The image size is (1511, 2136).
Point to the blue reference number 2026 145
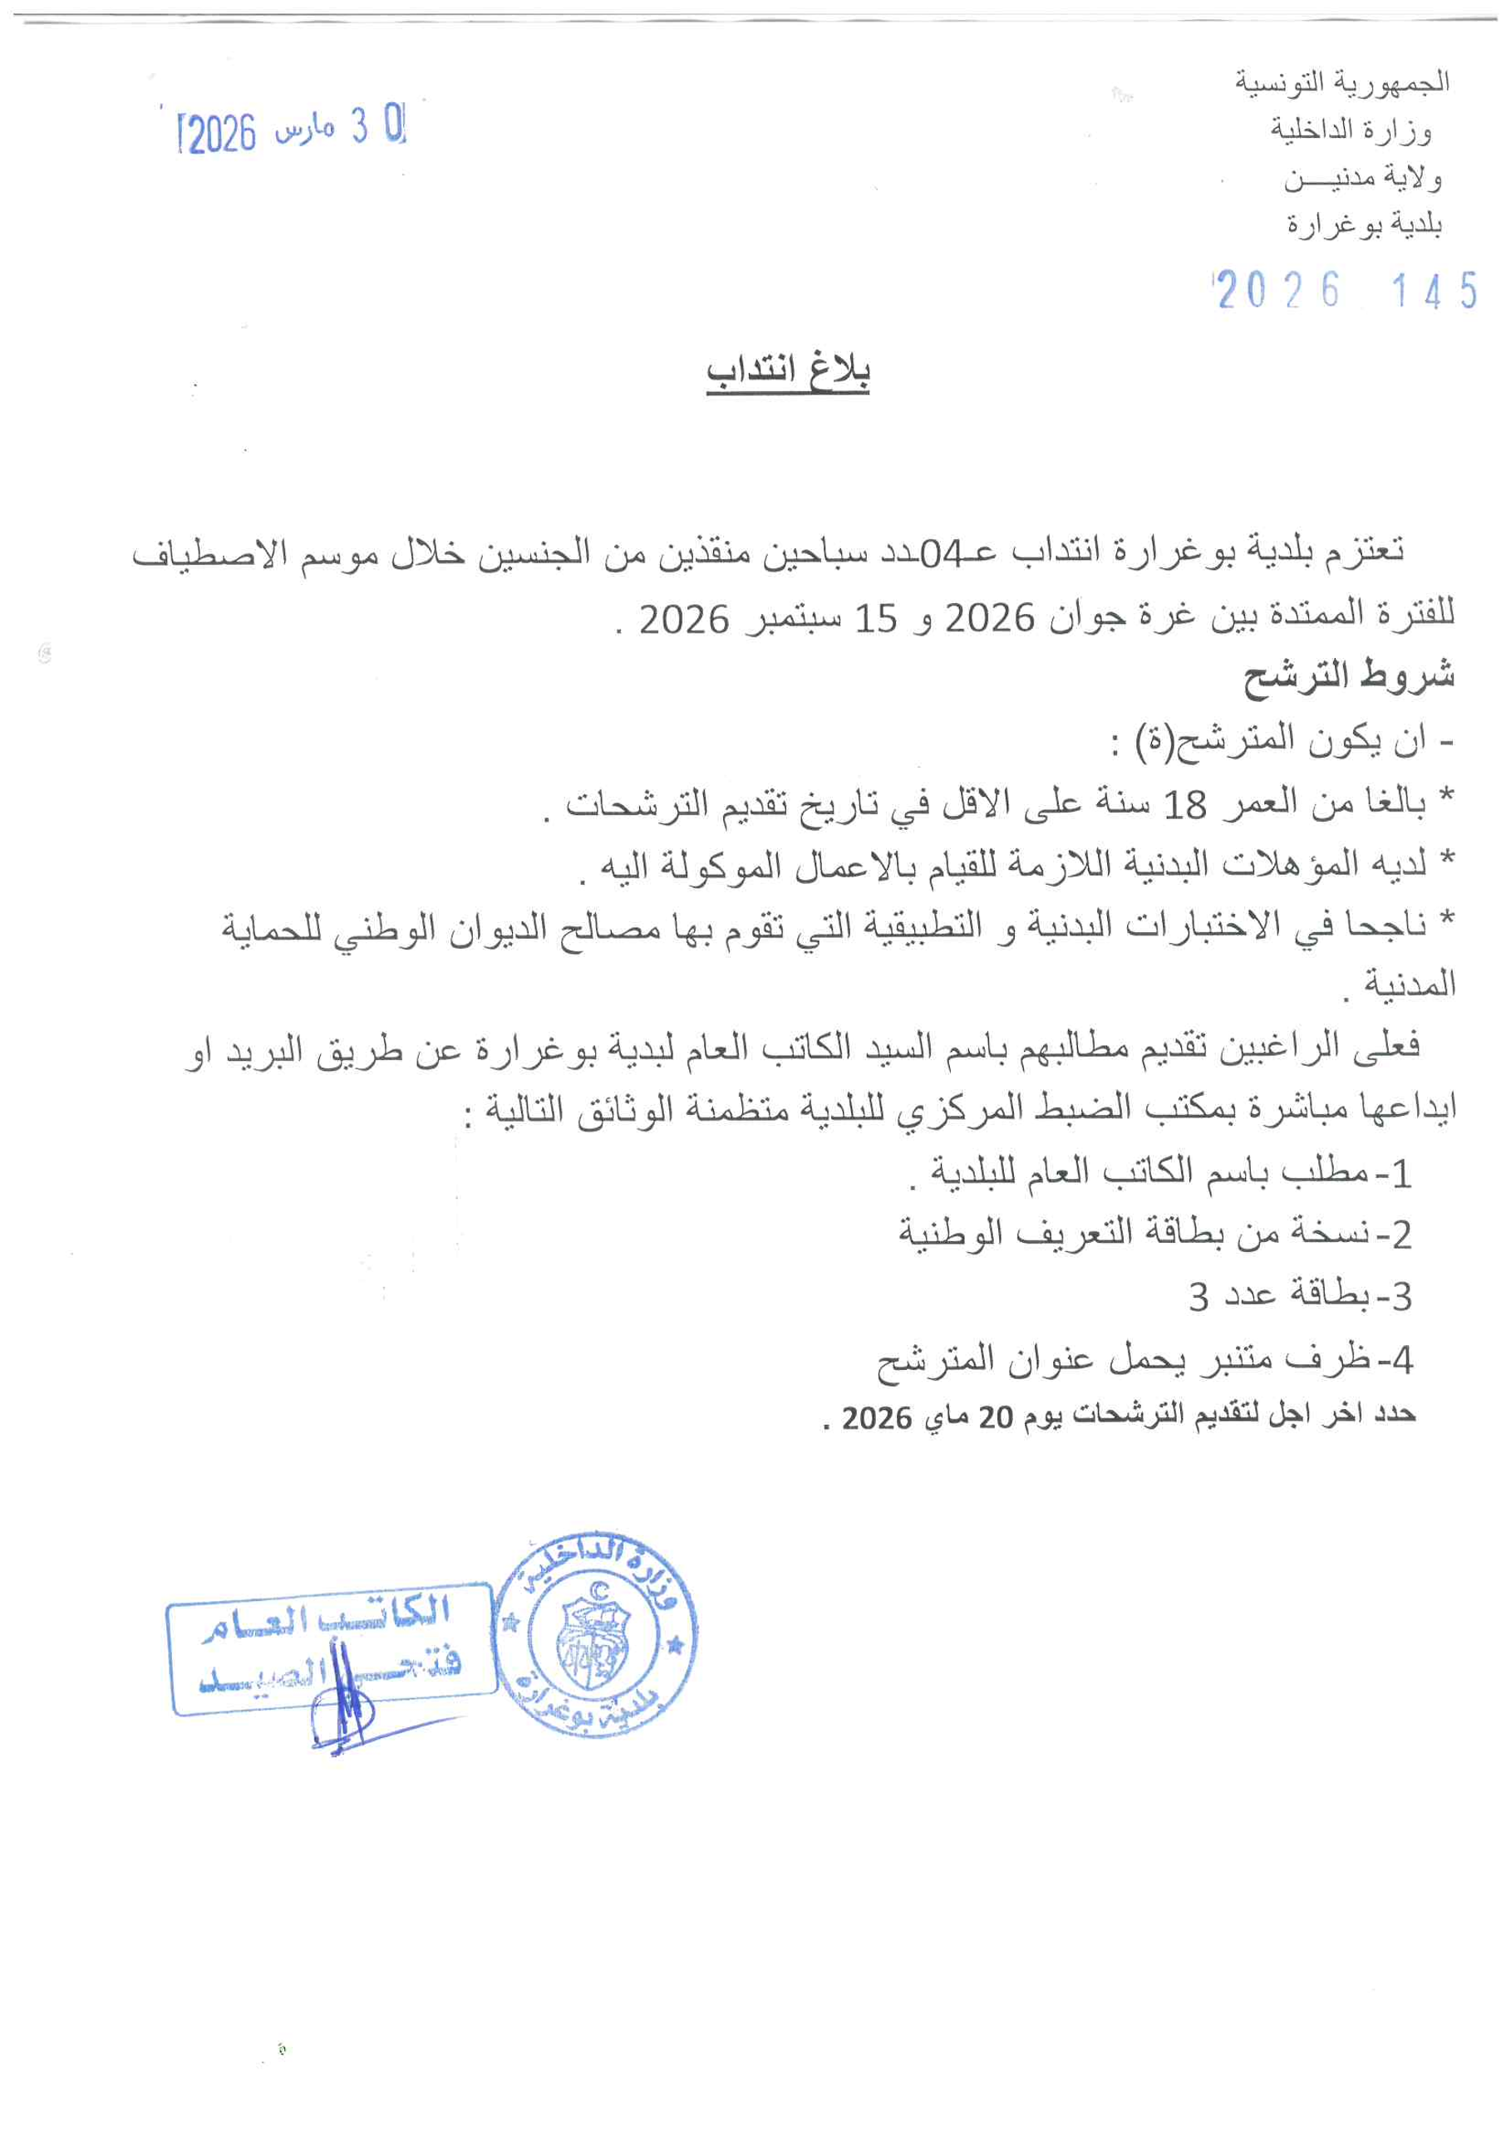click(1346, 290)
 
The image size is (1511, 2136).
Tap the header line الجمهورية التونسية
click(1341, 82)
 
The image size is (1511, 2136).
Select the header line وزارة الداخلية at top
click(1351, 130)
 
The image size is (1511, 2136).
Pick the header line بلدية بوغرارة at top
click(1364, 224)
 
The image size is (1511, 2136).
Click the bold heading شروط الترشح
click(1348, 675)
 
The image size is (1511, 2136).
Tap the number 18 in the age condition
click(1185, 803)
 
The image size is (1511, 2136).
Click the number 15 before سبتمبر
click(875, 619)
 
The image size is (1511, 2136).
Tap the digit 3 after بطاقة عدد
click(1198, 1296)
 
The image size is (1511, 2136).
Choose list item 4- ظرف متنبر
click(1144, 1359)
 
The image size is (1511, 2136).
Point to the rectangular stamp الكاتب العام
click(330, 1647)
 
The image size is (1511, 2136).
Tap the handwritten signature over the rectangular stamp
click(342, 1702)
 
